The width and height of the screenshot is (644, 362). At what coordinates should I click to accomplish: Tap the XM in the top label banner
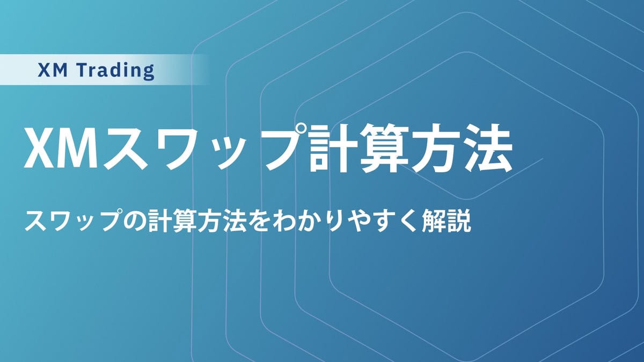53,70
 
